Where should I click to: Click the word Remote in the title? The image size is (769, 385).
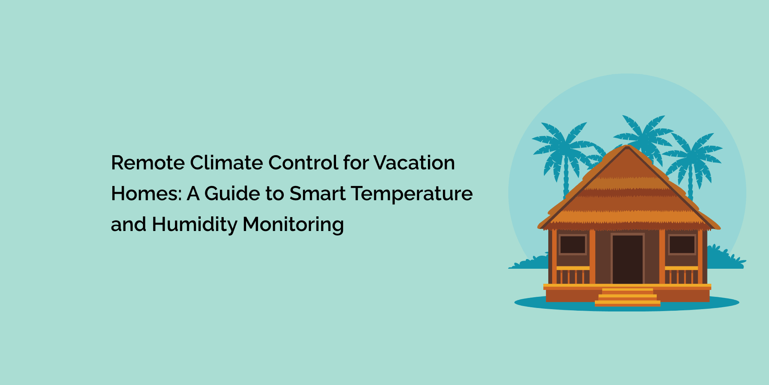(148, 163)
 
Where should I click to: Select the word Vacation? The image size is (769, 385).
(414, 163)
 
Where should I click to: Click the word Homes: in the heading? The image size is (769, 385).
(146, 194)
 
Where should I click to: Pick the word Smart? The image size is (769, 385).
(318, 194)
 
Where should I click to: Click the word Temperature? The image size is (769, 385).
(412, 194)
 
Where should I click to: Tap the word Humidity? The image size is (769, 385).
(195, 224)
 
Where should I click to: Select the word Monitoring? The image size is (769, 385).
(293, 224)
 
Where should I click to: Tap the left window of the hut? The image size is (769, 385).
(573, 244)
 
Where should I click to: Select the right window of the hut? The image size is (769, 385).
(682, 244)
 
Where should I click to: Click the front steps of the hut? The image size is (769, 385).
(628, 297)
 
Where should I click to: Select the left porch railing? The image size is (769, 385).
(573, 275)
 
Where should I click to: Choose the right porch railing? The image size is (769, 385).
(681, 275)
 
